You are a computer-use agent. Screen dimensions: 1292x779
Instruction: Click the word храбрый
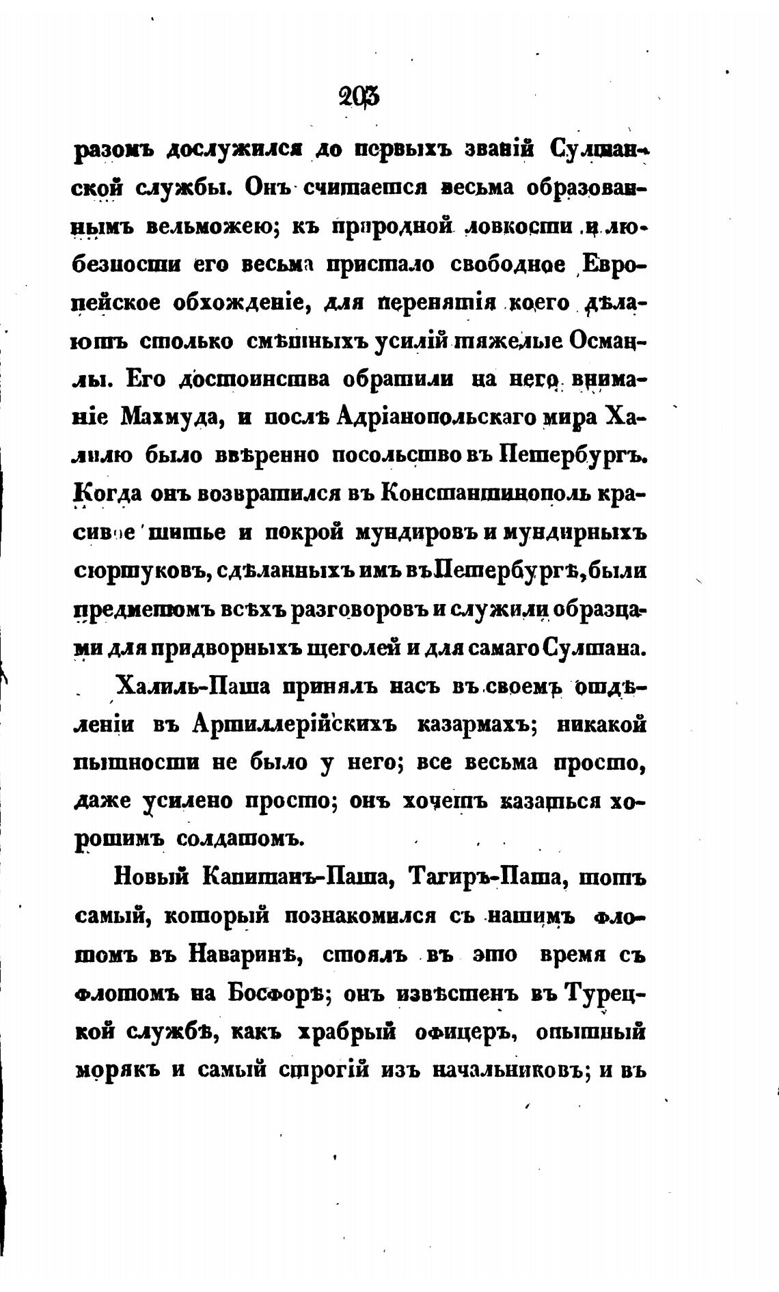point(348,1032)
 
